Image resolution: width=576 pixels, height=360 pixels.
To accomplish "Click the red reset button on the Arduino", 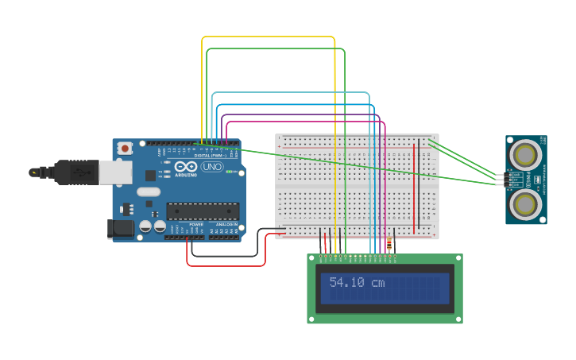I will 125,149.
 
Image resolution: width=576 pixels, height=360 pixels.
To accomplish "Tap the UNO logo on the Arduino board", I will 212,167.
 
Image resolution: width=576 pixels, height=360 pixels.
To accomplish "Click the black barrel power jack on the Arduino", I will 121,229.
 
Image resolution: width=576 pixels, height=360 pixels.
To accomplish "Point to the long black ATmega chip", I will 202,211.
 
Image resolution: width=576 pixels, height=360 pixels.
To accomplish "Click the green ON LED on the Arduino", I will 231,172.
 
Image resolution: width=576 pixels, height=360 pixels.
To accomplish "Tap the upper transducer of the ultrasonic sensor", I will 525,153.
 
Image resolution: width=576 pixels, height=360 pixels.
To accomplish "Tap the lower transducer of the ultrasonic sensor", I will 525,203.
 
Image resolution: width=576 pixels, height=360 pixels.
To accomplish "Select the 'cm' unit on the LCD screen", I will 377,282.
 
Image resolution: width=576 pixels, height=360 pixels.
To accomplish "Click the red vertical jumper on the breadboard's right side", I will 414,184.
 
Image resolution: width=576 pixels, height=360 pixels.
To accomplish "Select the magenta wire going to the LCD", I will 385,183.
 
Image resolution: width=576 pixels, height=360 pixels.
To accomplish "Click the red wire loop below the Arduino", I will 226,265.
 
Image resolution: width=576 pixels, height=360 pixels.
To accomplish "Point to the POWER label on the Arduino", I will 196,225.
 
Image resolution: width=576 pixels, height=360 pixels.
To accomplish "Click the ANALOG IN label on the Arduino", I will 226,225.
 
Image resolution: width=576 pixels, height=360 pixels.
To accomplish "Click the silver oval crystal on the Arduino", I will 149,192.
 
